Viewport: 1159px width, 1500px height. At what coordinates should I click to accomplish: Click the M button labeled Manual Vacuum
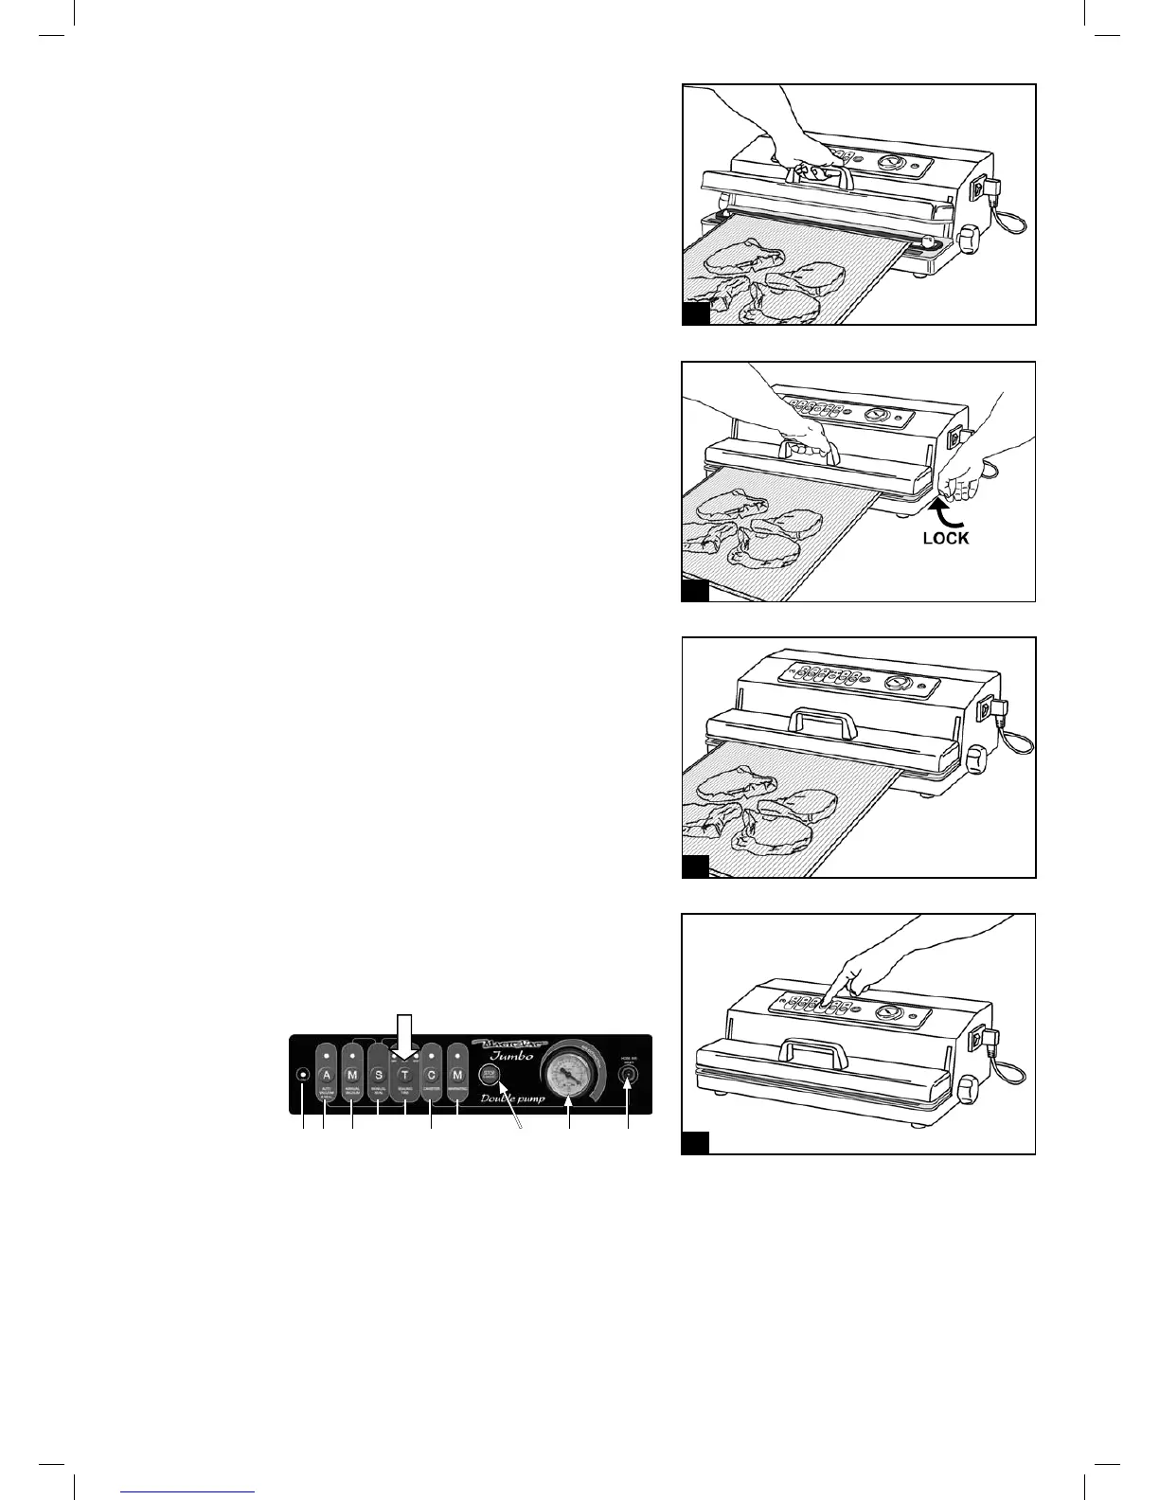(x=352, y=1075)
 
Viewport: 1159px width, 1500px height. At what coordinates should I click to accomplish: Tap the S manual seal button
(x=379, y=1075)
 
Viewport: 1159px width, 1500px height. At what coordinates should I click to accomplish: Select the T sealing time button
(x=404, y=1075)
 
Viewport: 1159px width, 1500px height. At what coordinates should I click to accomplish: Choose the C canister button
(x=431, y=1075)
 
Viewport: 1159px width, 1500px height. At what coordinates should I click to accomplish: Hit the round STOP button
(x=490, y=1074)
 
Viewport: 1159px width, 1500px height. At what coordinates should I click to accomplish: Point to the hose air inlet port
(x=627, y=1075)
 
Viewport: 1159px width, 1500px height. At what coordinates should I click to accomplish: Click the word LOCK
(x=946, y=537)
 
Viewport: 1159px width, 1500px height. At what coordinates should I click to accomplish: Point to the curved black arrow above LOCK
(x=951, y=512)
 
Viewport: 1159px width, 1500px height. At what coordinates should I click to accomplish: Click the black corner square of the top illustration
(x=696, y=314)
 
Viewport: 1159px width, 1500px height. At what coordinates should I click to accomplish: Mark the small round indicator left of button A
(x=303, y=1075)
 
